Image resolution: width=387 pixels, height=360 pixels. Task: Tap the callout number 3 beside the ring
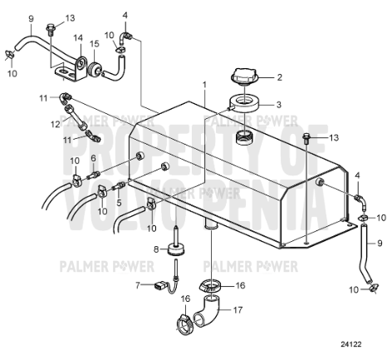click(279, 104)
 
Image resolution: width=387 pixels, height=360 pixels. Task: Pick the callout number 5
click(120, 201)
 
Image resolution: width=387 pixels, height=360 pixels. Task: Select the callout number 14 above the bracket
click(77, 37)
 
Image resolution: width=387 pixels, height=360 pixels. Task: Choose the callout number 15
click(95, 43)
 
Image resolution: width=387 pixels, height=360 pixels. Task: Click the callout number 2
click(279, 78)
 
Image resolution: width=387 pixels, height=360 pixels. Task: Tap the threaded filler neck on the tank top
click(244, 135)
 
